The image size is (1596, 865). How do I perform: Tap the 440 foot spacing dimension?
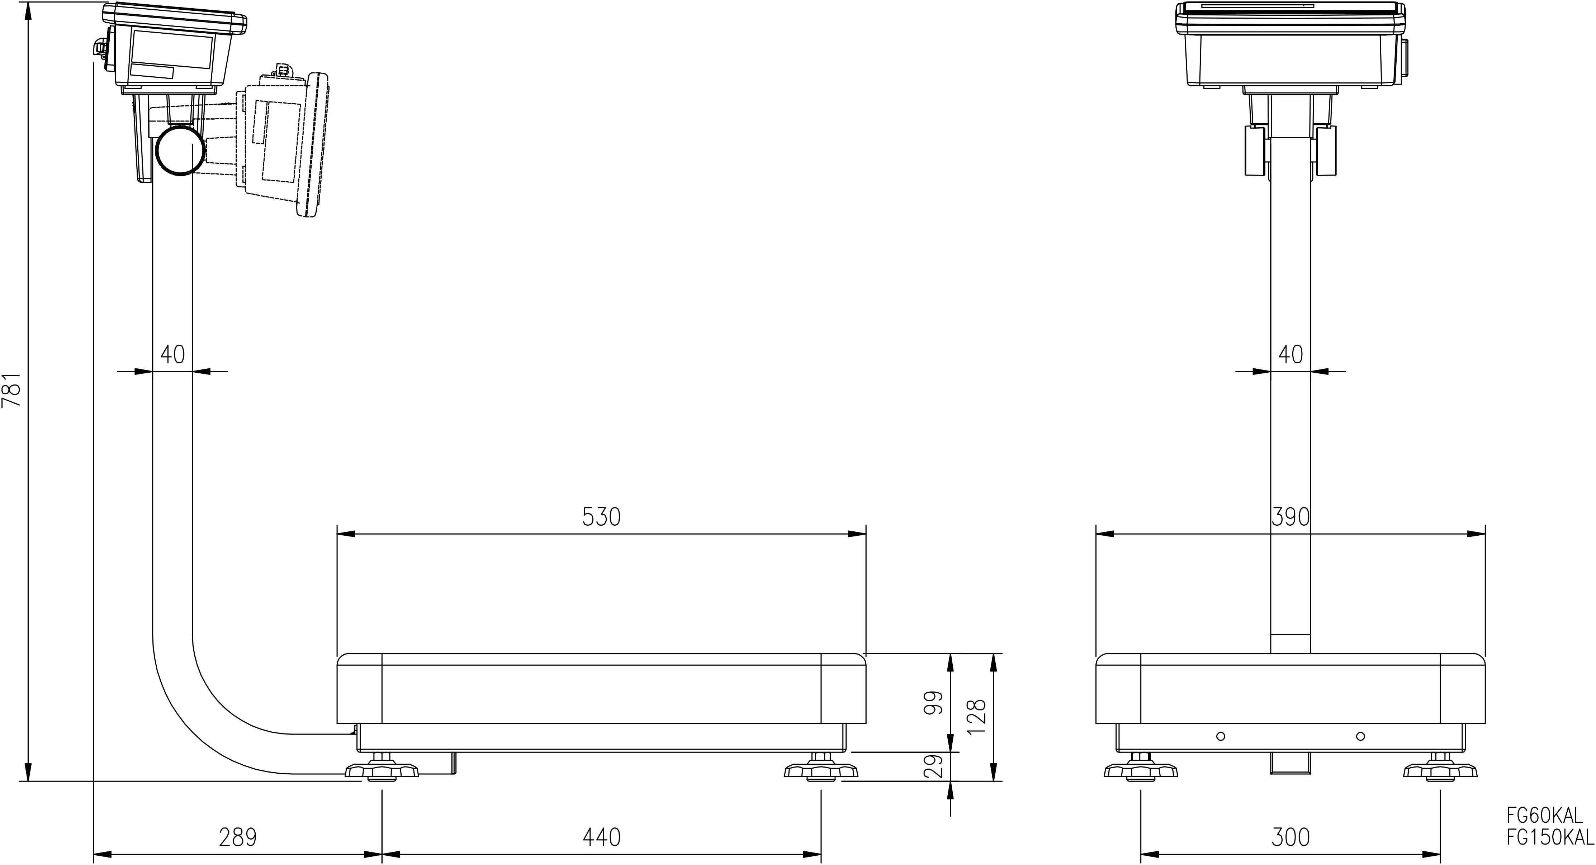[601, 837]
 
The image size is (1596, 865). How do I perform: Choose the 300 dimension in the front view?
[1290, 837]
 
